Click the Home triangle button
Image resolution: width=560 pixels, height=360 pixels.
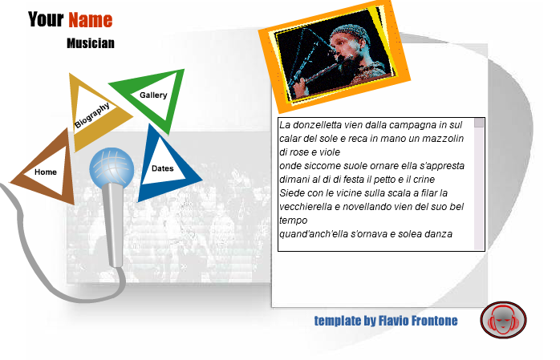pyautogui.click(x=46, y=172)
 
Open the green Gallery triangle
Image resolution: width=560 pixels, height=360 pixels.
pyautogui.click(x=153, y=95)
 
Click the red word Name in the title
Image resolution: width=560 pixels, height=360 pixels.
pyautogui.click(x=91, y=19)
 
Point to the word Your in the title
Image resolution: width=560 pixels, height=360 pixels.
pyautogui.click(x=46, y=19)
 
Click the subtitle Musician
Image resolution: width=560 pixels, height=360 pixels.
pyautogui.click(x=91, y=43)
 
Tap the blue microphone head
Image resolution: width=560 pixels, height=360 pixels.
pyautogui.click(x=112, y=168)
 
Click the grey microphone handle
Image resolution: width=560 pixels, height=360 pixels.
pyautogui.click(x=114, y=224)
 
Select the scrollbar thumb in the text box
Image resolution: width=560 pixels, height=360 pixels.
pyautogui.click(x=479, y=123)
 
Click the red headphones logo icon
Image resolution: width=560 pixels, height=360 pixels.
pyautogui.click(x=503, y=320)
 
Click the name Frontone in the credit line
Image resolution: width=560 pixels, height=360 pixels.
pyautogui.click(x=435, y=321)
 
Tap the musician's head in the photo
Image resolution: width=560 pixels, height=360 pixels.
pyautogui.click(x=348, y=40)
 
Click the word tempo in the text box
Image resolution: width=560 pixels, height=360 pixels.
pyautogui.click(x=293, y=220)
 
